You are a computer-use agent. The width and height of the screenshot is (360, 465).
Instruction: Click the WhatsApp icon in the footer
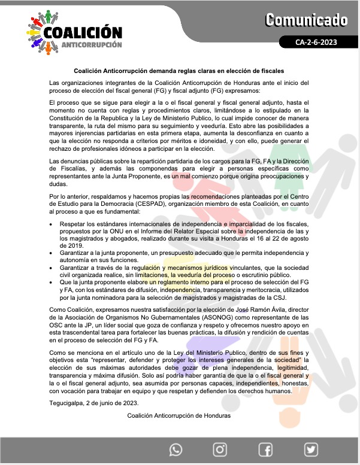click(176, 449)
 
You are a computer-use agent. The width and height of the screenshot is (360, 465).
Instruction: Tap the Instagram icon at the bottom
click(220, 449)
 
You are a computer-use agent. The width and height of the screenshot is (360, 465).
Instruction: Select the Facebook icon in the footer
click(265, 449)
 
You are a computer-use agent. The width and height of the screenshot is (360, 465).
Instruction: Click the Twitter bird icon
click(310, 449)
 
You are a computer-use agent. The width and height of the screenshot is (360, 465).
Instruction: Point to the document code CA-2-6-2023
click(320, 42)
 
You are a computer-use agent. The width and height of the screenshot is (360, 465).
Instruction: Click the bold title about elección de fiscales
click(179, 71)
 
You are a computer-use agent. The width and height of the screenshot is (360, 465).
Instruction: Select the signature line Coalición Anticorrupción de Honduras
click(179, 415)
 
